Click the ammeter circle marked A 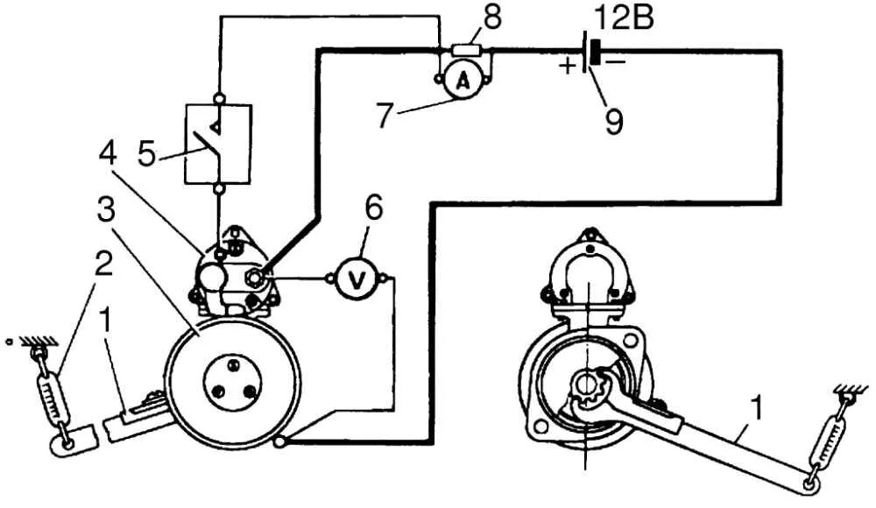pyautogui.click(x=464, y=81)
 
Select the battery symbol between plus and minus pyautogui.click(x=592, y=53)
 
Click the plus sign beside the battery pyautogui.click(x=569, y=64)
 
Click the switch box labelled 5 pyautogui.click(x=218, y=144)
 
